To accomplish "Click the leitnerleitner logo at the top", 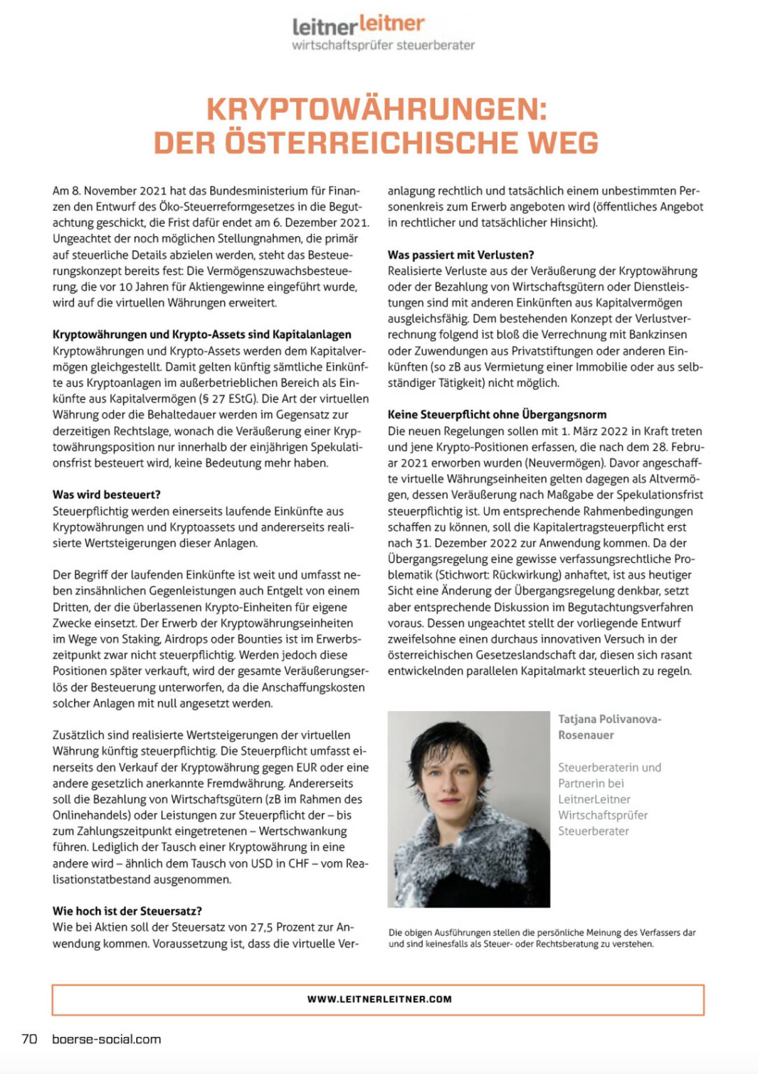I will (x=358, y=25).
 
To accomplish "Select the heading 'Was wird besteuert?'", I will (x=107, y=495).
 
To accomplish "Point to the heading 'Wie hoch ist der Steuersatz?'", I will (x=127, y=911).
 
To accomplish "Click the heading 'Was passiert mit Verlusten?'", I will (x=461, y=255).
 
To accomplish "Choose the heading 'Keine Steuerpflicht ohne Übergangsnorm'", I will (x=497, y=415).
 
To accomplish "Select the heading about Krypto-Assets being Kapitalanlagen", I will (x=202, y=334).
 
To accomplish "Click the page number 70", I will (x=30, y=1039).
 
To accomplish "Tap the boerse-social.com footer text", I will (x=107, y=1039).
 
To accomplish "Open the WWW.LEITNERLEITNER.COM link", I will (x=379, y=999).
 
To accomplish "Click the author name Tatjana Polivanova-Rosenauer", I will (x=609, y=727).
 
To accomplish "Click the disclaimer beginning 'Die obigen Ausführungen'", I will (x=542, y=938).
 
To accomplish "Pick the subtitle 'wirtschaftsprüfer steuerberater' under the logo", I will (x=383, y=45).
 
